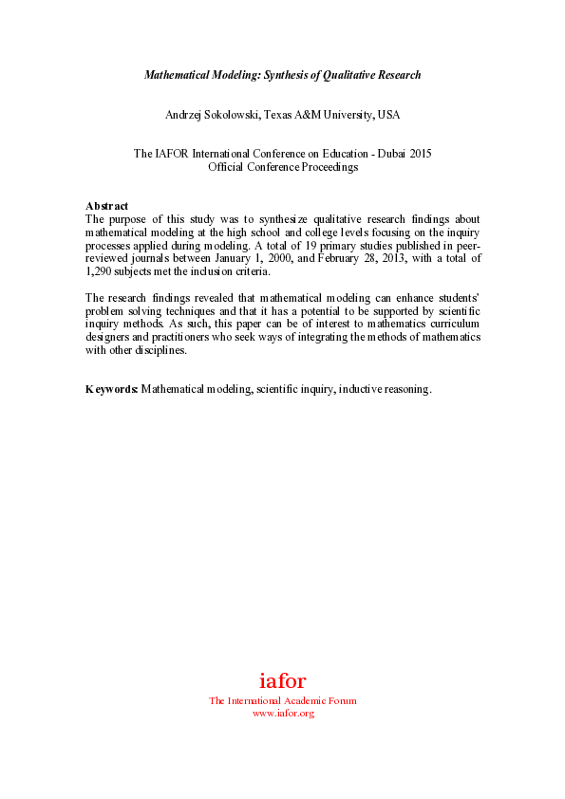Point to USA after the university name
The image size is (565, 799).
pos(388,115)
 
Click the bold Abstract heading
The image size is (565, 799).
pos(106,206)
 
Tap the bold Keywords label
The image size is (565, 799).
pos(112,390)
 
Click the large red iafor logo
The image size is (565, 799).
pos(282,680)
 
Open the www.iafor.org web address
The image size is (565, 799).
pos(282,713)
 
